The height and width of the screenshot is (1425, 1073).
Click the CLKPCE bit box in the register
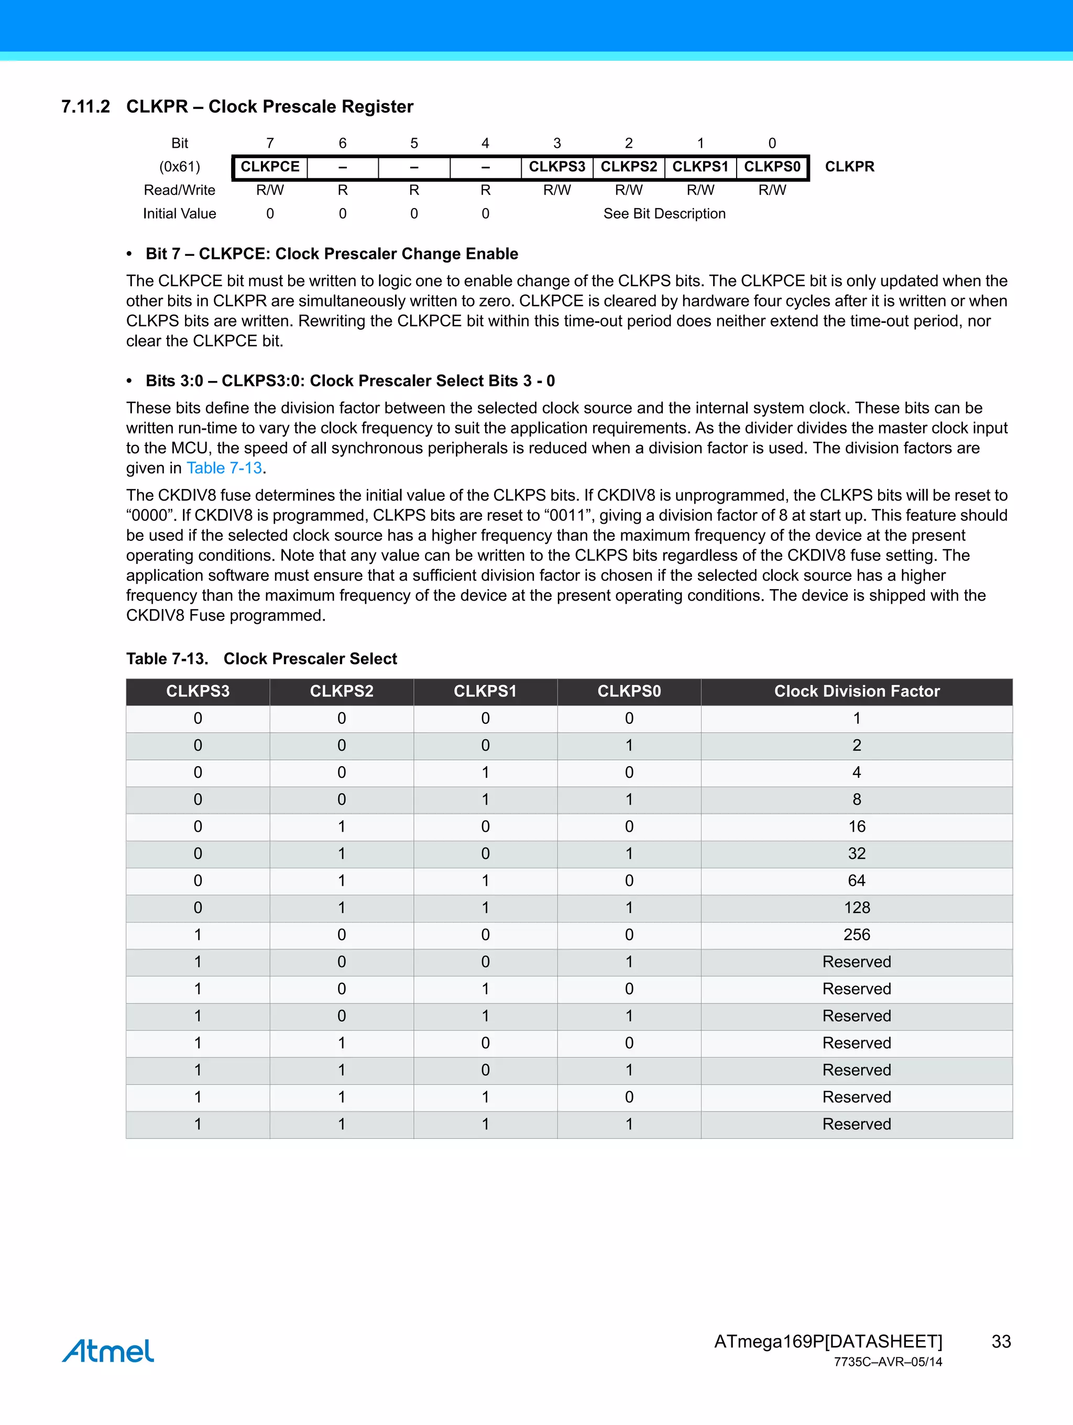(270, 167)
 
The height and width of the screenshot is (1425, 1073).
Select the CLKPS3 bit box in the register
(557, 167)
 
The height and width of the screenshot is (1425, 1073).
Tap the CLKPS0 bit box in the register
(772, 167)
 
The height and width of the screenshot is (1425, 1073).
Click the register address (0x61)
(180, 167)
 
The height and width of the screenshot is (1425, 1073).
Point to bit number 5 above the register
(414, 143)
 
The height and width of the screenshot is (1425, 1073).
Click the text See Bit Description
(664, 214)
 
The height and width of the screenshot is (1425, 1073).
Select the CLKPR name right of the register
(849, 167)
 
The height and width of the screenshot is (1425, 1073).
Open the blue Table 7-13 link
(224, 469)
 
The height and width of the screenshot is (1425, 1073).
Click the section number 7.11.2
(85, 107)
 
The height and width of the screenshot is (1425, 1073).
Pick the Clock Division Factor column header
(857, 691)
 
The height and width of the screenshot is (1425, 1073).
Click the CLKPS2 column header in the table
(342, 691)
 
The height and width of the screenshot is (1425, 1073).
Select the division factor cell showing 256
(857, 935)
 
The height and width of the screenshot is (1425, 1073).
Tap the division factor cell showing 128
(857, 908)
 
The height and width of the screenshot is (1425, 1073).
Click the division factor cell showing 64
(857, 880)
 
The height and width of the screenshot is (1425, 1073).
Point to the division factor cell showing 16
(857, 826)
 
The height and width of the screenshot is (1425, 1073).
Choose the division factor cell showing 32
(857, 854)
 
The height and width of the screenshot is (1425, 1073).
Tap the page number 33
(1001, 1341)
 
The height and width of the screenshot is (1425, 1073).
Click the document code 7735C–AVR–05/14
(888, 1362)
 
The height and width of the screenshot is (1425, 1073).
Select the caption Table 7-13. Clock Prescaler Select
(261, 659)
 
